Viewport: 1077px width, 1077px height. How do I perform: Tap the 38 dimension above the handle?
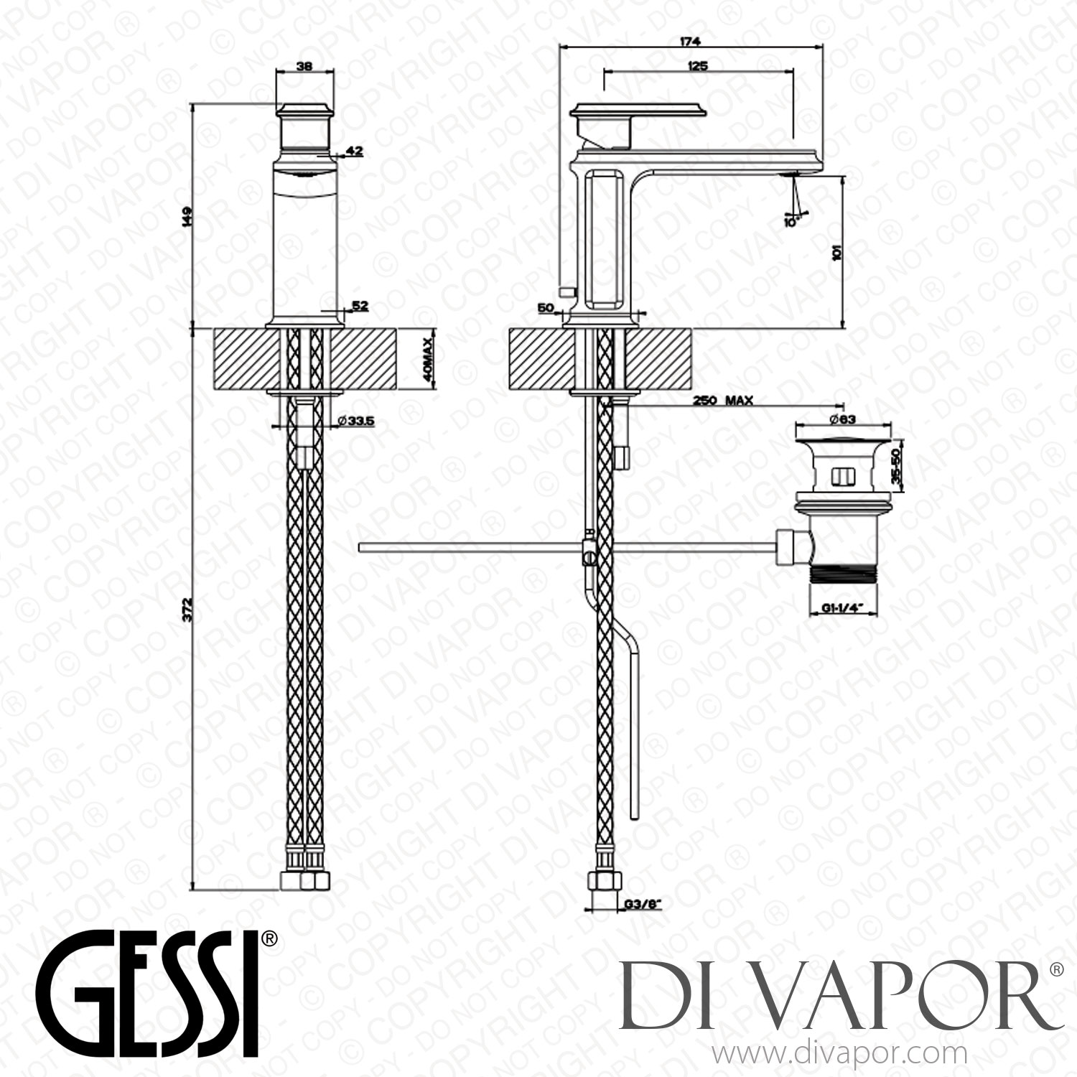[304, 65]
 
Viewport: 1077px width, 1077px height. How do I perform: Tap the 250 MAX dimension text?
[722, 401]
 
